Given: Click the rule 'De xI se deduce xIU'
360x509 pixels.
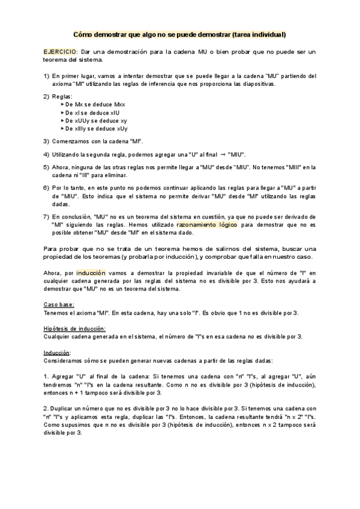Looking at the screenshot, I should click(x=93, y=112).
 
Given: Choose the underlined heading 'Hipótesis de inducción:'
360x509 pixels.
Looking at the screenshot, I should click(x=75, y=328).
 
